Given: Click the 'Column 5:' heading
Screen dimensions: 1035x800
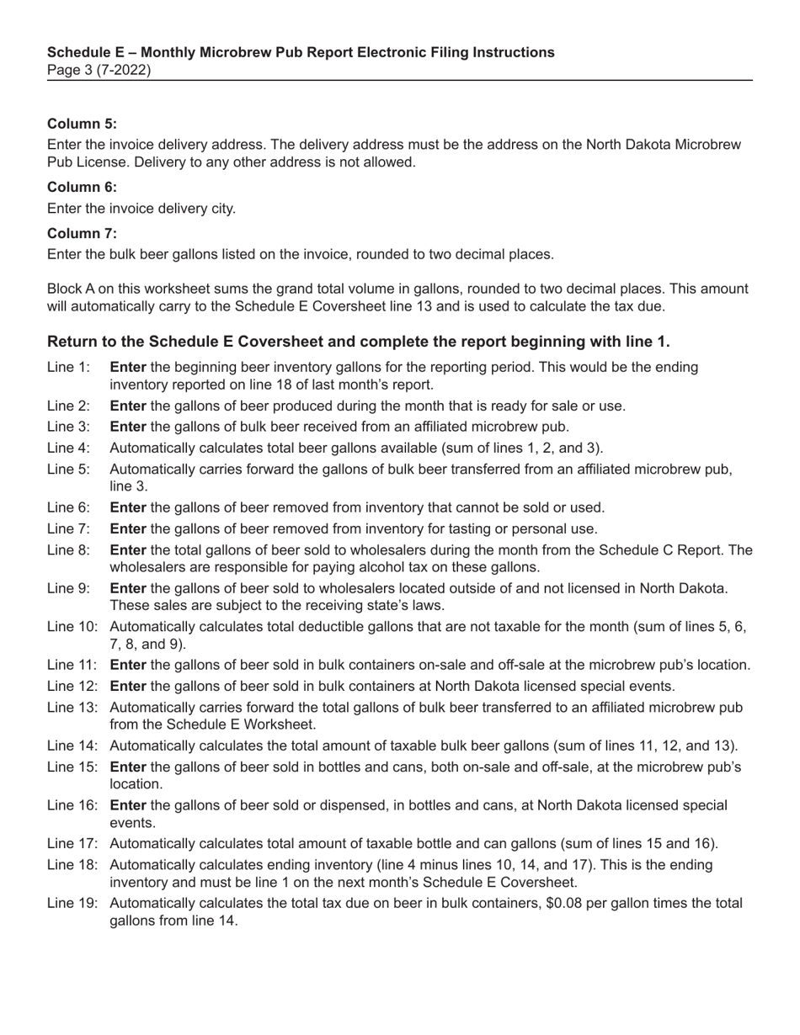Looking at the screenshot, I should point(82,124).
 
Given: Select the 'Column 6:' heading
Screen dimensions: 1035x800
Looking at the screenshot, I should point(82,187).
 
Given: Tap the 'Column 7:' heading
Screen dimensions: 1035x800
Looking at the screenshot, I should point(82,233).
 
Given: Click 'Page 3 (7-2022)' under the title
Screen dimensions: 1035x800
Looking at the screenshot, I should point(99,70).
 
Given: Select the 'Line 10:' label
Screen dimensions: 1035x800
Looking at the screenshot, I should point(72,627).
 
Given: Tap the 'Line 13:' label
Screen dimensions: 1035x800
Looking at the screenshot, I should point(72,708).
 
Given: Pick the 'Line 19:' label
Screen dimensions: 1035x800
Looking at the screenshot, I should point(72,904).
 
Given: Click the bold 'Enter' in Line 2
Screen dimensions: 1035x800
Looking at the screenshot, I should point(128,406).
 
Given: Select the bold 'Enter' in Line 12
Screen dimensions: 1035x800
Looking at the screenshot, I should point(128,687).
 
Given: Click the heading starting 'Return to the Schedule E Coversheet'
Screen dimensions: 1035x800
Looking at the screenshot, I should point(358,342).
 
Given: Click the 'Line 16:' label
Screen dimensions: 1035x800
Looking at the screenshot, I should point(72,806).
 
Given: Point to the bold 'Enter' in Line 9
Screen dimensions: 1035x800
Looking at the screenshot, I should point(128,588).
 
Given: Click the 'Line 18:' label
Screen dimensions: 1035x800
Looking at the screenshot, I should point(72,865).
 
